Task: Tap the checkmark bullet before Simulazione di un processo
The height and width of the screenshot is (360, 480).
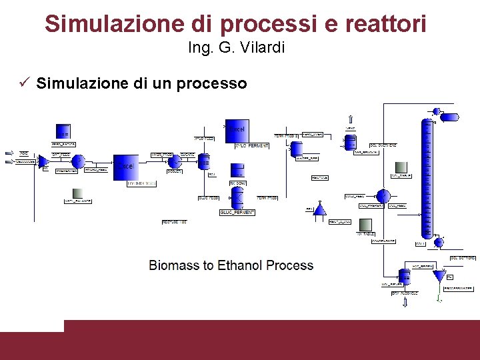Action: coord(25,83)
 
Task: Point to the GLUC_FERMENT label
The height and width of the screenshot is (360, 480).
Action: coord(237,212)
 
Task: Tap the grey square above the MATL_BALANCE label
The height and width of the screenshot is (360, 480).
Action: coord(77,191)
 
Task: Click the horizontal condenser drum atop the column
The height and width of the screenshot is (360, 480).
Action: coord(450,117)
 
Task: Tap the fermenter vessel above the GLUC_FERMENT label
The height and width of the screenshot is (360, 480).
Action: coord(237,196)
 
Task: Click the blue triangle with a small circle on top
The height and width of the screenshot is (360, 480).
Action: coord(319,209)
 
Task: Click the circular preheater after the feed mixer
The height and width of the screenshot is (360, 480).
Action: coord(77,161)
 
